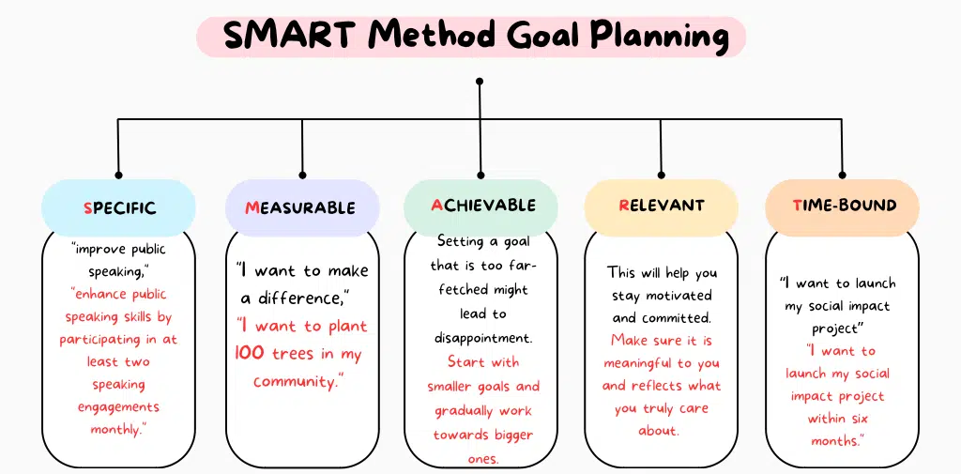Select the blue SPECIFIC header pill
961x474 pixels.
118,207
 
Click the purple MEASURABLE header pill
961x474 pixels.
301,207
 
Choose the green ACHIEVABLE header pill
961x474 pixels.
481,205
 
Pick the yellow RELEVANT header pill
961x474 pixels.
661,205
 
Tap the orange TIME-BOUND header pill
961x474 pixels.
842,205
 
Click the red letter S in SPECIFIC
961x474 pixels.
87,207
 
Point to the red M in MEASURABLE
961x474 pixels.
252,207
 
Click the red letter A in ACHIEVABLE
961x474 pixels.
436,204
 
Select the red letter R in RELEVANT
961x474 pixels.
624,205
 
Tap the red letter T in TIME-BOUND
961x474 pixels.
797,205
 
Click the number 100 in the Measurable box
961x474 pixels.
250,354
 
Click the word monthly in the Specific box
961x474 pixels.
116,429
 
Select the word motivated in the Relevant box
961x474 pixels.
676,295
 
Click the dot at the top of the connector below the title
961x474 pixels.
480,82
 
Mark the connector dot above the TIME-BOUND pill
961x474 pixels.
842,175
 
